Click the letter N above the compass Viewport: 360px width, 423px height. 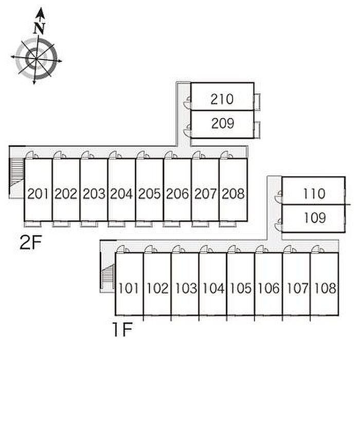click(40, 28)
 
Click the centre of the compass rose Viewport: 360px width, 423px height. click(36, 59)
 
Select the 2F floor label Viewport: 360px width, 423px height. click(30, 242)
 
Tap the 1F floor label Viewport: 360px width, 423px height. click(122, 329)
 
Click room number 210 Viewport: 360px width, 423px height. click(222, 99)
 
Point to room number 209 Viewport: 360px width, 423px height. click(223, 123)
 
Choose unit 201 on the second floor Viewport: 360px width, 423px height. click(38, 194)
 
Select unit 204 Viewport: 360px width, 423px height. click(121, 194)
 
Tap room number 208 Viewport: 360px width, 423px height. click(233, 194)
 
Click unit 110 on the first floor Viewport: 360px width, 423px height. click(314, 193)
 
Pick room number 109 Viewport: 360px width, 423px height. click(315, 218)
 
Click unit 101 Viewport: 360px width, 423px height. click(129, 288)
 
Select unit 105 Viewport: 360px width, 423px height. click(241, 288)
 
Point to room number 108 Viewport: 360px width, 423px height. click(325, 288)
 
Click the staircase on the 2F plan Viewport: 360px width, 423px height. click(16, 172)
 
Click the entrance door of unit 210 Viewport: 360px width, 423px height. click(187, 102)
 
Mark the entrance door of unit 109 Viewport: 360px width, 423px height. click(278, 225)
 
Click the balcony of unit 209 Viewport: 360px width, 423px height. click(257, 130)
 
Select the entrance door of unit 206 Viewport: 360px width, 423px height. click(171, 155)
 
